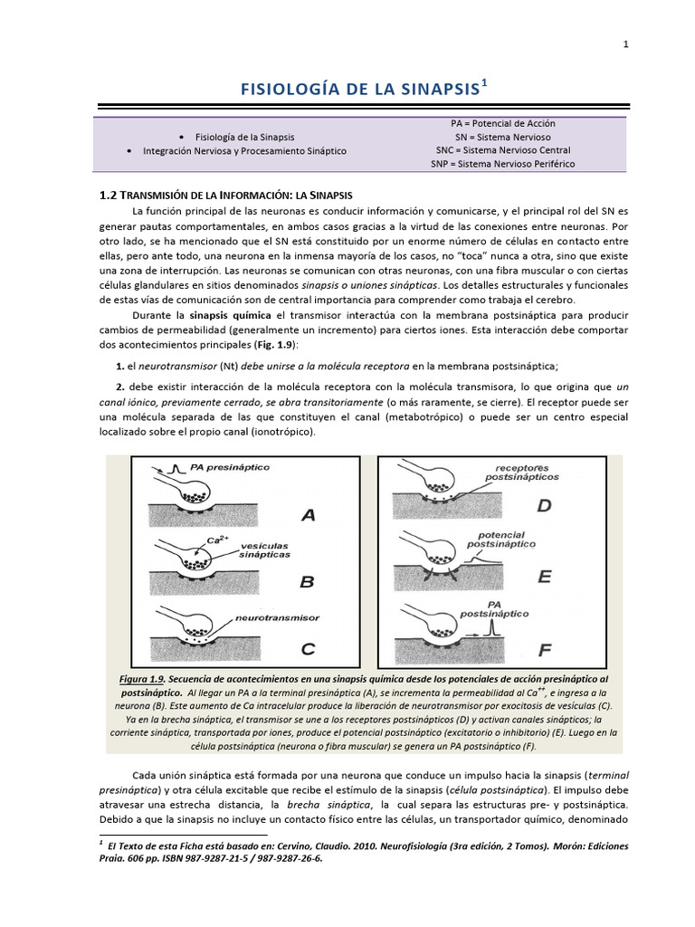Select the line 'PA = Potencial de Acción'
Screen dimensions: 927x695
tap(502, 122)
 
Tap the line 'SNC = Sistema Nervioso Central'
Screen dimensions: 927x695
tap(502, 150)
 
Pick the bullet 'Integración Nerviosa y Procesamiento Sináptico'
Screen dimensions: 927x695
tap(244, 150)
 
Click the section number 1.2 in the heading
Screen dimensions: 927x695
tap(108, 195)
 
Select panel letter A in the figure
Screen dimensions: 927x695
tap(308, 515)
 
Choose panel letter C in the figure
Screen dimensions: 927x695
tap(308, 647)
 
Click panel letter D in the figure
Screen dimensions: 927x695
tap(543, 506)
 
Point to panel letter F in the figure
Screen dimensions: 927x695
tap(543, 648)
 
